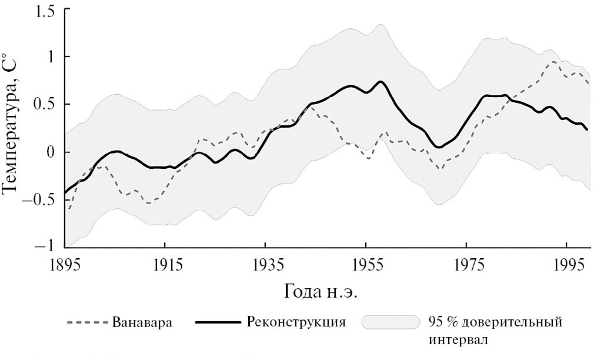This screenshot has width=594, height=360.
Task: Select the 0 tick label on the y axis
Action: [x=52, y=152]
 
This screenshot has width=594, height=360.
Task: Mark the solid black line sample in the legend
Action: [x=218, y=323]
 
